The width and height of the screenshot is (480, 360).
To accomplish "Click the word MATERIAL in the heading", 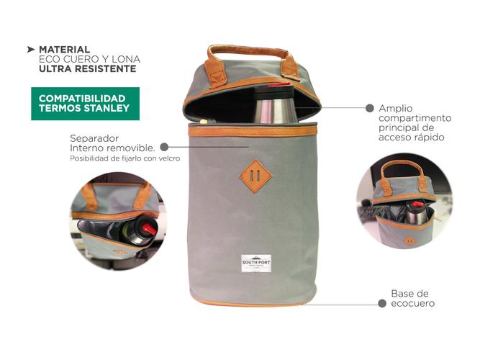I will click(x=65, y=49).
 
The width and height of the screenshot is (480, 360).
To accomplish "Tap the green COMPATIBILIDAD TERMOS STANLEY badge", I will click(x=85, y=104).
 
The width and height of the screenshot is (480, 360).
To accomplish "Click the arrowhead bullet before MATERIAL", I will click(x=31, y=49).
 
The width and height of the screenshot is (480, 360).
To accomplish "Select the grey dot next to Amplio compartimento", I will click(x=370, y=108).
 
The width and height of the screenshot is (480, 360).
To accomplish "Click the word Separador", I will click(x=94, y=138).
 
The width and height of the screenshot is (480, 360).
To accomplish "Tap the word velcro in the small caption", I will click(x=167, y=158).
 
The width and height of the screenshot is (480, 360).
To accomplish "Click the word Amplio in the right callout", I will click(x=396, y=108).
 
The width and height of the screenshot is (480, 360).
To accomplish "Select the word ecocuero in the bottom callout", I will click(x=412, y=303).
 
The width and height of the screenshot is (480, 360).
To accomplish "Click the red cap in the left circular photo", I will click(x=148, y=228).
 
